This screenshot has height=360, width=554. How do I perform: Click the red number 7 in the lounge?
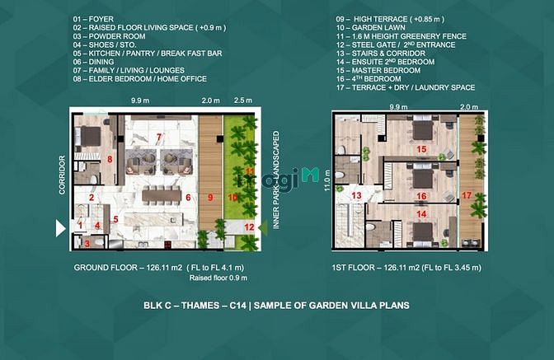pyautogui.click(x=159, y=137)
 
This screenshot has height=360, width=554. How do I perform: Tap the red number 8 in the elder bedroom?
pyautogui.click(x=110, y=159)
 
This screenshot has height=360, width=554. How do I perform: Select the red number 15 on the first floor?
pyautogui.click(x=421, y=149)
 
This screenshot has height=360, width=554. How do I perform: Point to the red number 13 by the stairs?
pyautogui.click(x=356, y=195)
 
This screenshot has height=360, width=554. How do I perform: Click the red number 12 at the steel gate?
pyautogui.click(x=250, y=227)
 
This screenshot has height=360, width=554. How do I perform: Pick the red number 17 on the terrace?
pyautogui.click(x=467, y=195)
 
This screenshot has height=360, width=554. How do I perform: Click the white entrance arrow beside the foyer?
pyautogui.click(x=61, y=228)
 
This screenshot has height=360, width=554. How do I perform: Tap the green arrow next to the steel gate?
pyautogui.click(x=262, y=227)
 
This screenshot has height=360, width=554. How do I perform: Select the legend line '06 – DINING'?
pyautogui.click(x=94, y=62)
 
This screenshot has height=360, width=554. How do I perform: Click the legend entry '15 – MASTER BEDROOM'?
pyautogui.click(x=378, y=70)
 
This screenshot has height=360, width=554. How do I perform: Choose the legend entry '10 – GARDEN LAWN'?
pyautogui.click(x=371, y=27)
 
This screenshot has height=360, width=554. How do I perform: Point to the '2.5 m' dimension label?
pyautogui.click(x=243, y=101)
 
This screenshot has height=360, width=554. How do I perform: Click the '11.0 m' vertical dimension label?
pyautogui.click(x=327, y=180)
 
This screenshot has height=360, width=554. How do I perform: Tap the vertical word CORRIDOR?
pyautogui.click(x=62, y=175)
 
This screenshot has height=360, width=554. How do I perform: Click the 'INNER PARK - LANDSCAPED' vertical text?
pyautogui.click(x=276, y=180)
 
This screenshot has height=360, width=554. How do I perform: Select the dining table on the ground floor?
pyautogui.click(x=162, y=196)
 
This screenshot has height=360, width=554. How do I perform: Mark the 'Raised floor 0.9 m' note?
pyautogui.click(x=218, y=278)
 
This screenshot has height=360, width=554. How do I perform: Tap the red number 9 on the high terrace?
pyautogui.click(x=210, y=197)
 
